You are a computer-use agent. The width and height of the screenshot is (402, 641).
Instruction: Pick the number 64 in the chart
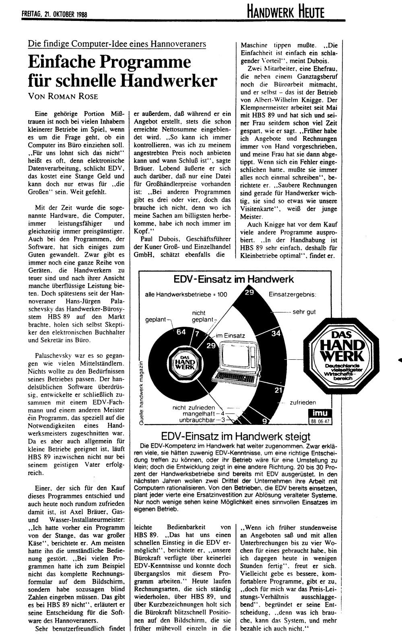[181, 332]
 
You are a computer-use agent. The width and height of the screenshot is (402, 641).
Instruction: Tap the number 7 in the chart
[197, 334]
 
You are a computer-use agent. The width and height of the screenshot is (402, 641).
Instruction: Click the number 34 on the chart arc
[276, 334]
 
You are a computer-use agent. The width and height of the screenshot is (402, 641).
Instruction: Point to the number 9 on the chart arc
[264, 421]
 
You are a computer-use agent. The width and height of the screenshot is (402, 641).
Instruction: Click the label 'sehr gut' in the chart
[304, 312]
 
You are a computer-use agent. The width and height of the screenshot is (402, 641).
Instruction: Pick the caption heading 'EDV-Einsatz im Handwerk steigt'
[235, 437]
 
